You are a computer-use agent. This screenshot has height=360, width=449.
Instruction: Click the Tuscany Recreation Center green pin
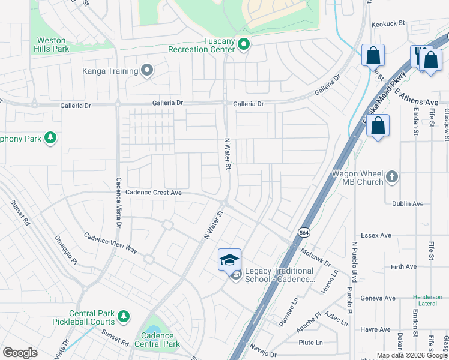(x=244, y=44)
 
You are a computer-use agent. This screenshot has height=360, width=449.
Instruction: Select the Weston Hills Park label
(x=47, y=45)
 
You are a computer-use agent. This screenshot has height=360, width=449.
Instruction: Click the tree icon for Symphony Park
(x=51, y=139)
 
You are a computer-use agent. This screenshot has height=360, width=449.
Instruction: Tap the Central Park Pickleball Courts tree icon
(x=124, y=316)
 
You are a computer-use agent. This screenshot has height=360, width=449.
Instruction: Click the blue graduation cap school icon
(x=229, y=259)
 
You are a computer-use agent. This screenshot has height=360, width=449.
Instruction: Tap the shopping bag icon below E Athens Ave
(x=378, y=126)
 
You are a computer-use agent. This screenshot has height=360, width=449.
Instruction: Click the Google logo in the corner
(x=20, y=353)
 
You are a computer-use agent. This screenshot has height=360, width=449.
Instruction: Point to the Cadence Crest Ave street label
(x=154, y=193)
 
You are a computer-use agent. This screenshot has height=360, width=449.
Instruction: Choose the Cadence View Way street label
(x=110, y=242)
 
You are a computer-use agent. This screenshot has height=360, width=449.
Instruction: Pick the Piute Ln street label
(x=310, y=343)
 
